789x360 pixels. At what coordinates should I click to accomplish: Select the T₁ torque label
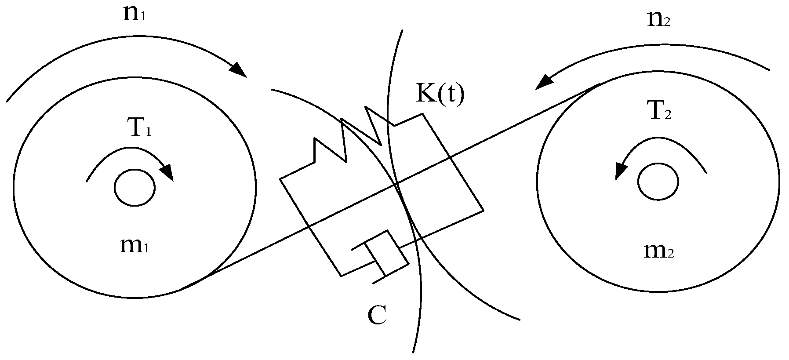click(x=140, y=129)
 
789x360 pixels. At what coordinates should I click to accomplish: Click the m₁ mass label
click(x=135, y=246)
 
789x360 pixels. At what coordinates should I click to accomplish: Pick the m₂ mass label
click(x=658, y=251)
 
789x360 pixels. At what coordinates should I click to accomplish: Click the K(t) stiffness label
click(x=440, y=94)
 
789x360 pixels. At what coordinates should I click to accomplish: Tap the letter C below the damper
click(x=377, y=314)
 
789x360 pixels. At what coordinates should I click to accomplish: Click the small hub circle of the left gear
click(x=135, y=188)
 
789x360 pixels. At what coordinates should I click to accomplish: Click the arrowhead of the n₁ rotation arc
click(x=237, y=69)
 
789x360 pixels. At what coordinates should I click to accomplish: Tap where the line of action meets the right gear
click(x=599, y=84)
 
